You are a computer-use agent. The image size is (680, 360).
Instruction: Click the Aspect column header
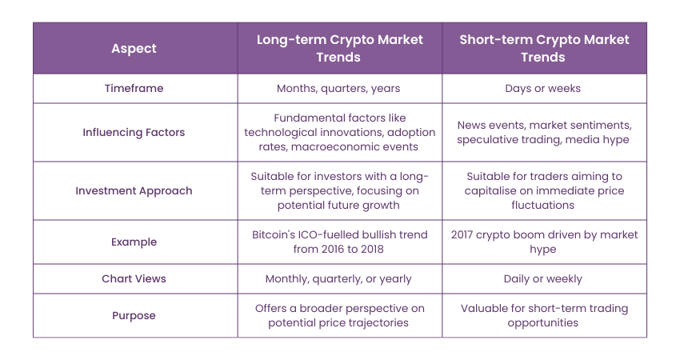tap(134, 48)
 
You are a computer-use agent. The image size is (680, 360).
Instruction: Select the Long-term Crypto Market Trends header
tap(339, 48)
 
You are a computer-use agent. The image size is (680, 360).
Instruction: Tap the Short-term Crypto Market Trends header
tap(544, 48)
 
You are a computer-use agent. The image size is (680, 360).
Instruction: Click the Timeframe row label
tap(134, 88)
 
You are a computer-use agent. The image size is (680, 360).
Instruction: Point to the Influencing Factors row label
tap(134, 132)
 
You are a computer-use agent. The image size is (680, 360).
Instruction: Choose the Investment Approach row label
tap(134, 190)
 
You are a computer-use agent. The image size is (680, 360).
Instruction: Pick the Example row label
tap(134, 242)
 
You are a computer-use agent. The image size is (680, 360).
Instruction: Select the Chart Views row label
tap(134, 278)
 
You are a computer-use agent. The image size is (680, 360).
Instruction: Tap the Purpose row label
tap(134, 315)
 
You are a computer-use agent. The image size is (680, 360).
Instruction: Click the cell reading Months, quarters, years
tap(339, 88)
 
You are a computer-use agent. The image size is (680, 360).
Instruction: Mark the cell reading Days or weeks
tap(544, 88)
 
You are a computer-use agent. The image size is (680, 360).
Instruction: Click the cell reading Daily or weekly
tap(544, 278)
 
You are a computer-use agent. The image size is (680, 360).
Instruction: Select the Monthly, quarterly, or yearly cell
tap(339, 278)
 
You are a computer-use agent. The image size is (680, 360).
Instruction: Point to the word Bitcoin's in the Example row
tap(274, 234)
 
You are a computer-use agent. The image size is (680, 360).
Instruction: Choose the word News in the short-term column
tap(473, 125)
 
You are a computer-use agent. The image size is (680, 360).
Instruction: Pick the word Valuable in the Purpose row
tap(485, 308)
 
